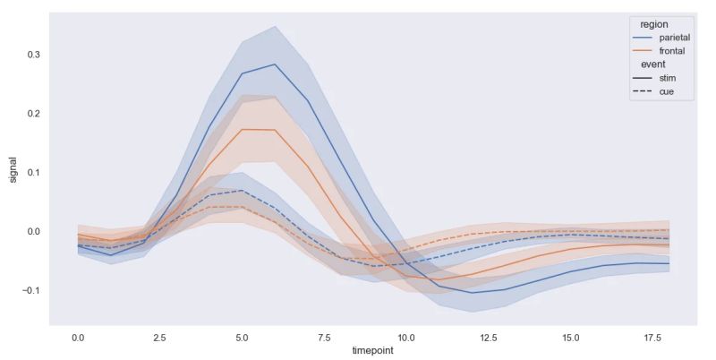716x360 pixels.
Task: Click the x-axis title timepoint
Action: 373,351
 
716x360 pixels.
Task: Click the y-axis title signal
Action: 13,169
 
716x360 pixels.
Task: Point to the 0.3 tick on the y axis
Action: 34,55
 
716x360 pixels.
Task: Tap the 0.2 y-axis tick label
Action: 34,114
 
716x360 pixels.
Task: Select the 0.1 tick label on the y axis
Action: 34,172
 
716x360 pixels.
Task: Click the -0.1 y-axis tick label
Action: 31,290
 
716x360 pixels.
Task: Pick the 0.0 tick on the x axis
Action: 78,338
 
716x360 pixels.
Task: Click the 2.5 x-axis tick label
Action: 160,338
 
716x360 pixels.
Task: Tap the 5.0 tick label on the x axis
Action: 242,338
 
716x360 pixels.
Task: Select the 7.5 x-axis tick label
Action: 324,338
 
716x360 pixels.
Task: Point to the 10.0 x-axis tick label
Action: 406,338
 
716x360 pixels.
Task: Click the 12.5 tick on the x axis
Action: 489,338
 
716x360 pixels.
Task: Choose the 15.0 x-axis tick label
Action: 571,338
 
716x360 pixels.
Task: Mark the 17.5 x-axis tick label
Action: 652,338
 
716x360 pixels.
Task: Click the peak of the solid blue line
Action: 275,64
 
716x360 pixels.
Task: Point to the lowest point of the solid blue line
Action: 472,293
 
